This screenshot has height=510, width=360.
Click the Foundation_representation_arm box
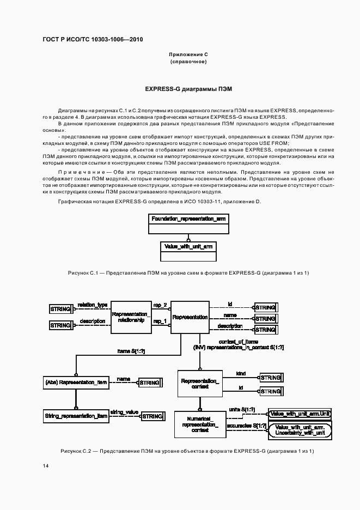pos(188,218)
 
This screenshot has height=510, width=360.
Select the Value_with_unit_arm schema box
pos(188,246)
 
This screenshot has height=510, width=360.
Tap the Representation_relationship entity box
pos(131,317)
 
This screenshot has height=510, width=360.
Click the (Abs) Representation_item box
pos(76,383)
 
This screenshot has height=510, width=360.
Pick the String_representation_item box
pos(76,416)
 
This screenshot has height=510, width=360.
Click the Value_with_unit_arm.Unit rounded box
pos(300,414)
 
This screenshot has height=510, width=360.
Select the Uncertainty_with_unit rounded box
pos(300,430)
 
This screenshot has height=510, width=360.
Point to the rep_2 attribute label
pos(160,305)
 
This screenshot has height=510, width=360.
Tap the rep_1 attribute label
pos(160,321)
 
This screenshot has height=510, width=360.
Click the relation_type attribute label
pos(92,305)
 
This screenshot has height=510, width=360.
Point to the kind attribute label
pos(240,374)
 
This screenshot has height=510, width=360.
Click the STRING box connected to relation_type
pos(60,309)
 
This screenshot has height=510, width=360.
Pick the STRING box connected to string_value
pos(152,416)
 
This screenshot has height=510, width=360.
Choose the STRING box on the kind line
pos(270,378)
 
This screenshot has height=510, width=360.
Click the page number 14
pos(45,465)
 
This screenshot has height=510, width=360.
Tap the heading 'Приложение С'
pos(188,55)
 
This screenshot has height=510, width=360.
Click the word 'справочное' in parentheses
pos(188,62)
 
